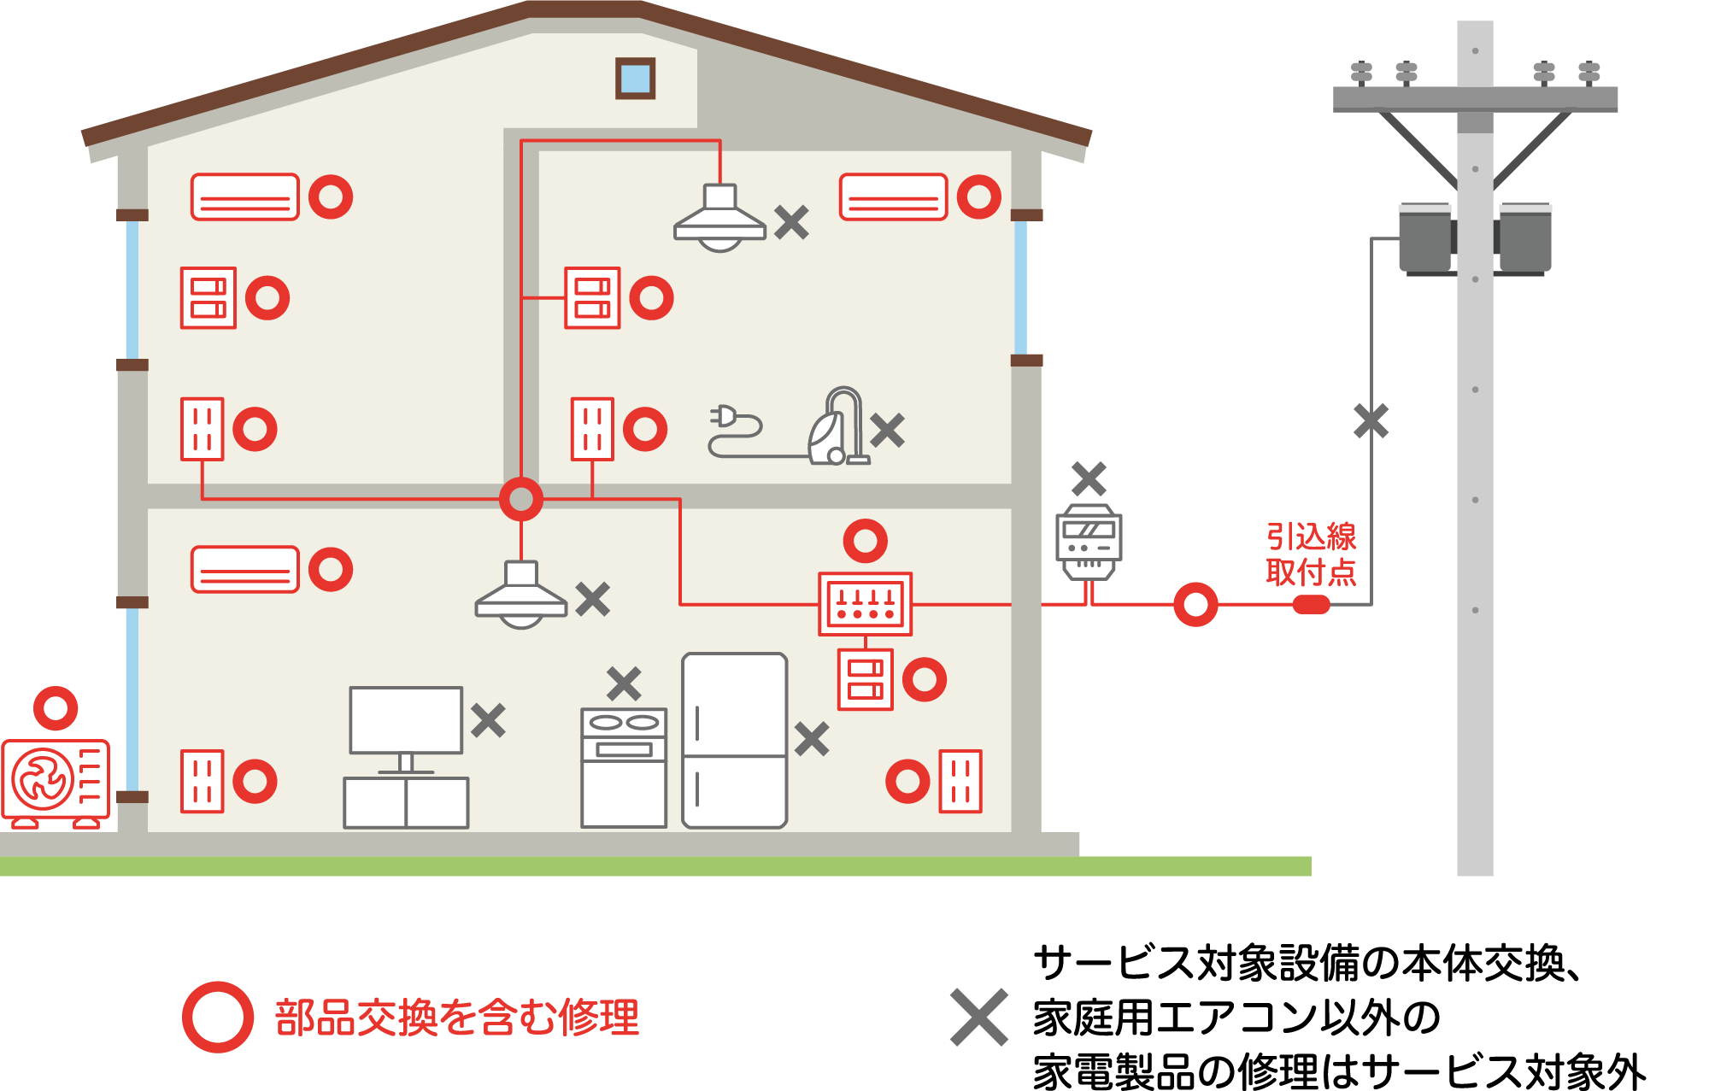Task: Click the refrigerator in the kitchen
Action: click(x=734, y=741)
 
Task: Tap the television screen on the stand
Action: click(x=406, y=720)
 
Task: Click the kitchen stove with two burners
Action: click(x=624, y=767)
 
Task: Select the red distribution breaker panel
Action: click(x=865, y=604)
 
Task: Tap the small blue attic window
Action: click(x=635, y=79)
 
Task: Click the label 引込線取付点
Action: click(x=1311, y=554)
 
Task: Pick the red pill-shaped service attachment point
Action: click(x=1311, y=605)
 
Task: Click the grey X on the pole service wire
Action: click(x=1371, y=421)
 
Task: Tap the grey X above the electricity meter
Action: click(x=1089, y=478)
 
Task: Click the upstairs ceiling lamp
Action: click(x=719, y=219)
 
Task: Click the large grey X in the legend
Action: click(x=979, y=1018)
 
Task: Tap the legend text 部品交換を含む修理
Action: click(x=457, y=1018)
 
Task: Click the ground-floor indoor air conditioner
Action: click(x=245, y=569)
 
